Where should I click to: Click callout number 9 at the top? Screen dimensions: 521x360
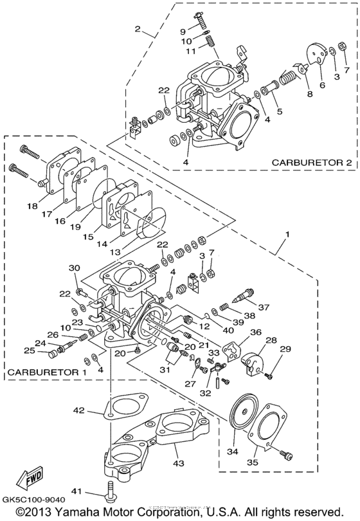click(183, 31)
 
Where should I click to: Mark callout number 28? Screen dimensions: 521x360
click(272, 340)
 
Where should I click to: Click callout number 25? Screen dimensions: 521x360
click(30, 351)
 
